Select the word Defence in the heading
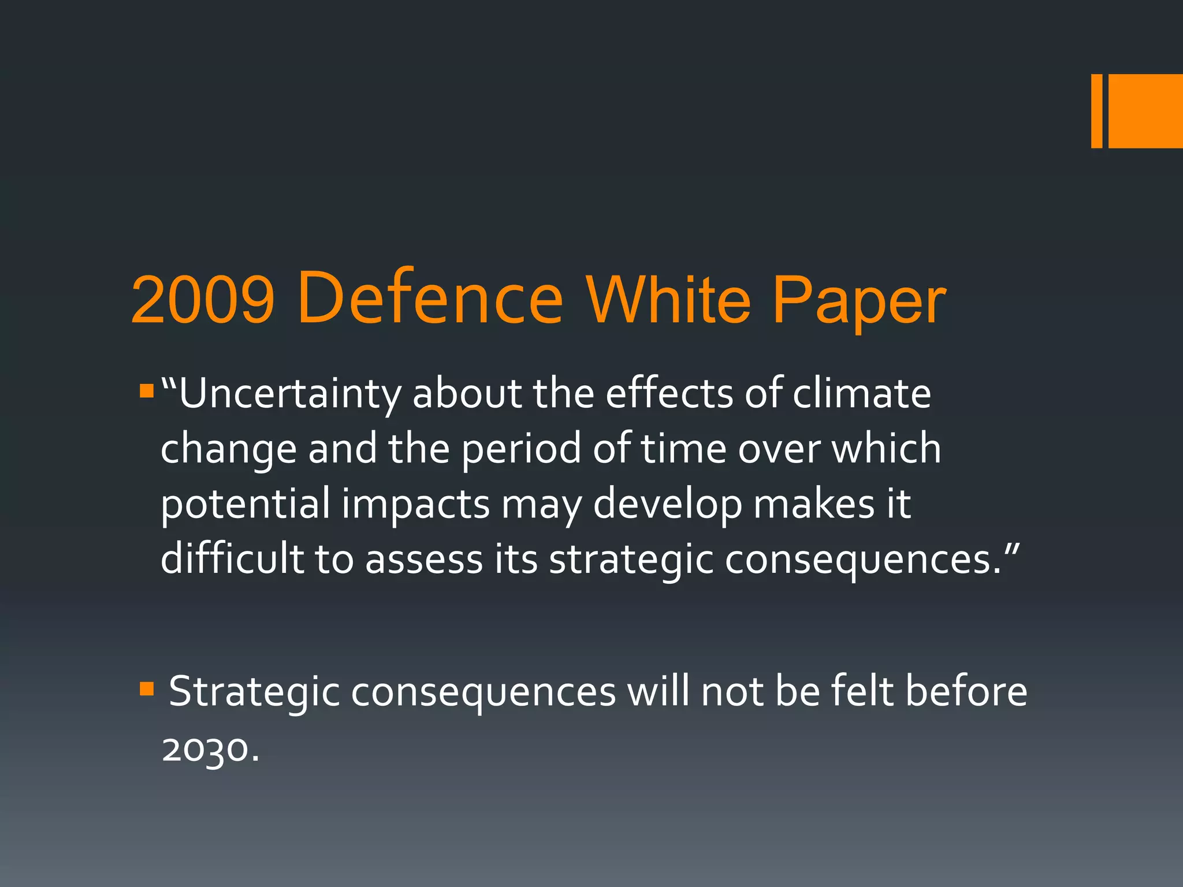tap(430, 299)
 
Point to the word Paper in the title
tap(858, 303)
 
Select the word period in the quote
tap(521, 450)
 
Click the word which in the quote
tap(886, 449)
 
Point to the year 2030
tap(206, 749)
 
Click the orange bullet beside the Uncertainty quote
tap(147, 392)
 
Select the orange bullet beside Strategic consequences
tap(147, 689)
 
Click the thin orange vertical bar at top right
tap(1096, 111)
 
